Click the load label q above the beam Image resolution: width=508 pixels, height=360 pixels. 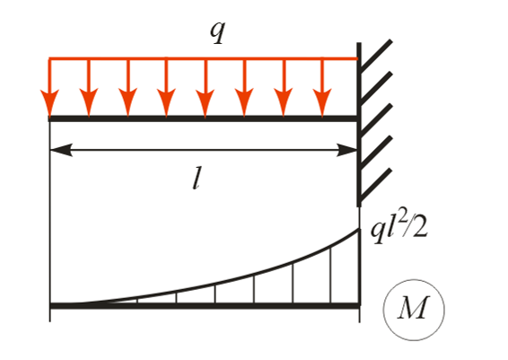point(217,32)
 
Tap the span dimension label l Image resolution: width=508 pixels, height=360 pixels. point(196,180)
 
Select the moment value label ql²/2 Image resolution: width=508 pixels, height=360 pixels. point(399,230)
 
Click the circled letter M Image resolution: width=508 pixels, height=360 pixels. point(413,309)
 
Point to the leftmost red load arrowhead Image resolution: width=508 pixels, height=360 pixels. point(49,102)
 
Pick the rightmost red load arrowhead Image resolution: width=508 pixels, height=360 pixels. point(322,102)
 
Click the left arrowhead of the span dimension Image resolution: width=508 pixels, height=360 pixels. point(62,150)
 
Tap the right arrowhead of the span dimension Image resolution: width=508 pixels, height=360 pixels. point(347,150)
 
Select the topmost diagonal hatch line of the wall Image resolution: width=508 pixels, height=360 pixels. point(376,56)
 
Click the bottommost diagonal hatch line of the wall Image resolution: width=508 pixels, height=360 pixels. point(376,185)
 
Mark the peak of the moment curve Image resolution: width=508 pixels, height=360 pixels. point(359,229)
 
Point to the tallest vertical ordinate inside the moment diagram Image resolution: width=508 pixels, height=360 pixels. point(331,277)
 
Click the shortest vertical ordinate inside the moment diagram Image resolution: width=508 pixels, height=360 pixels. point(137,301)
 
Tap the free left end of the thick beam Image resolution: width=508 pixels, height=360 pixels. point(49,119)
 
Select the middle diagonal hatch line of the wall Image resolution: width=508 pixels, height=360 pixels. point(376,120)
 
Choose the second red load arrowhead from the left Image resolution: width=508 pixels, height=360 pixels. point(89,102)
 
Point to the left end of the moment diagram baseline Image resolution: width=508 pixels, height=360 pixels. point(50,306)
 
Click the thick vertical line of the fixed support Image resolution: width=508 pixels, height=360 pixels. point(359,125)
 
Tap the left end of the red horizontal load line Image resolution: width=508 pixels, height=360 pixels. point(49,58)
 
